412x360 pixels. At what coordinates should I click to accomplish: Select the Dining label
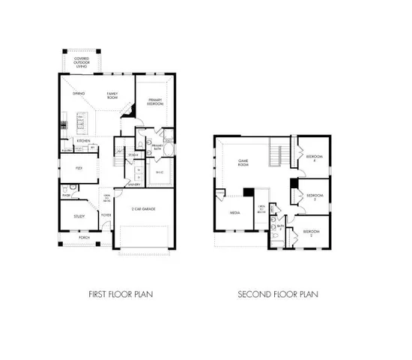coord(78,94)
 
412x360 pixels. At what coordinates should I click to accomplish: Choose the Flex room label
coord(78,168)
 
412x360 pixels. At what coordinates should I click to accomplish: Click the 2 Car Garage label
coord(144,208)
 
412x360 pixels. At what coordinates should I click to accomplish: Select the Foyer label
coord(106,214)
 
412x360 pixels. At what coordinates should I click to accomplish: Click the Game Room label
coord(243,163)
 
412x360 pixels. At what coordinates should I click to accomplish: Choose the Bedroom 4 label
coord(312,159)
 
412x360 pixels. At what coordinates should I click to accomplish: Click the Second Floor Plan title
coord(278,294)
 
